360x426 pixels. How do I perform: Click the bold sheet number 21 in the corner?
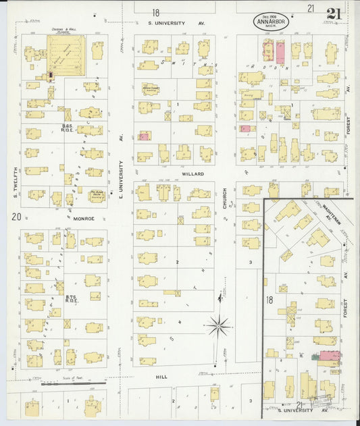point(333,14)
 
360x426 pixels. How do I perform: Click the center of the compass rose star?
point(219,327)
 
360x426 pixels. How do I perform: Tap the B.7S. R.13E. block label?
point(70,298)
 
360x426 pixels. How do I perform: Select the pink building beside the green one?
point(330,355)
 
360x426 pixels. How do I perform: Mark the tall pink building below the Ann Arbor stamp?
point(280,52)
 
